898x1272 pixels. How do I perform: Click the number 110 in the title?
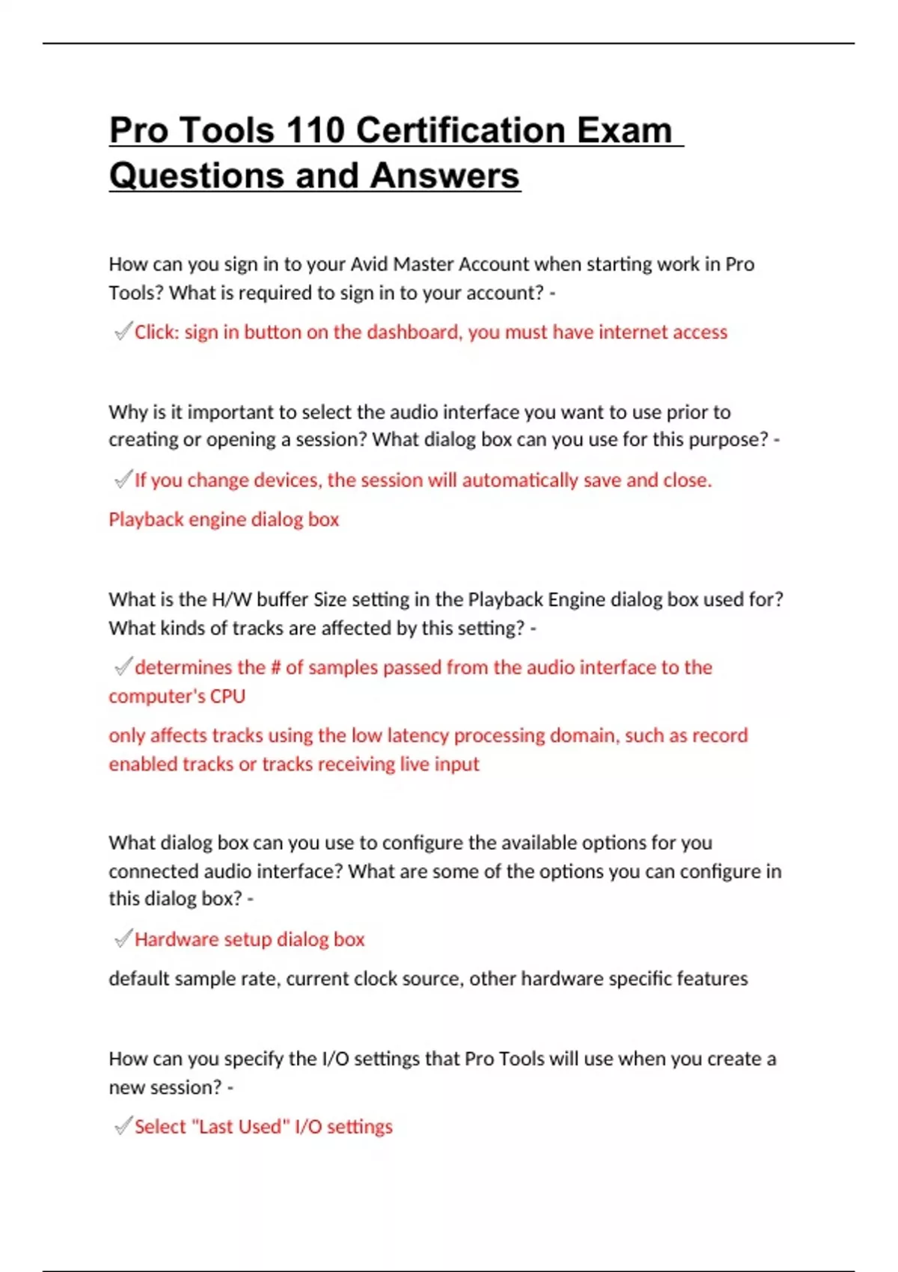pyautogui.click(x=314, y=130)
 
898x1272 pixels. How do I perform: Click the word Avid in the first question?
pyautogui.click(x=370, y=264)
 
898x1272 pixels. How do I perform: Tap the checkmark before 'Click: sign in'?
pyautogui.click(x=123, y=331)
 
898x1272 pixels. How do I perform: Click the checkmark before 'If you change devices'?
pyautogui.click(x=123, y=479)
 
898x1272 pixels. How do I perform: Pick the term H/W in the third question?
pyautogui.click(x=232, y=599)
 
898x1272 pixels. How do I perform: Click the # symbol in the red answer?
pyautogui.click(x=275, y=667)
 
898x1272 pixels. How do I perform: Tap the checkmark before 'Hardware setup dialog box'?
pyautogui.click(x=123, y=938)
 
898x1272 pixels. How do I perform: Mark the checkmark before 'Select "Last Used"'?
pyautogui.click(x=123, y=1126)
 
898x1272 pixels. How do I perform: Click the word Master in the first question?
pyautogui.click(x=424, y=264)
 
